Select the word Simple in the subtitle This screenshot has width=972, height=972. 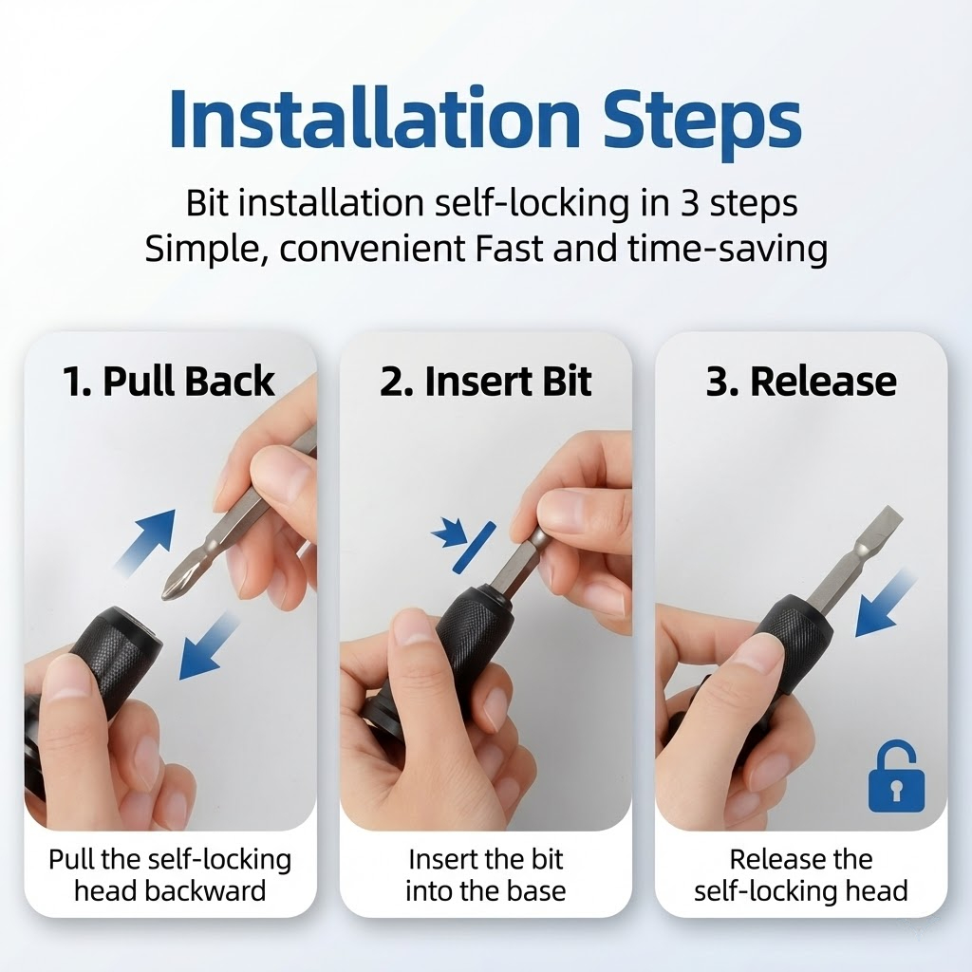[206, 250]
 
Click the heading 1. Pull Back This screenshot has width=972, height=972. [169, 381]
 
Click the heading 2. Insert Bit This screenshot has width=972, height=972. [485, 381]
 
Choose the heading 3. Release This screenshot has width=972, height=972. [801, 381]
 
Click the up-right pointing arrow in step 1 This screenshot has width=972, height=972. [145, 539]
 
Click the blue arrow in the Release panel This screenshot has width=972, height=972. [886, 603]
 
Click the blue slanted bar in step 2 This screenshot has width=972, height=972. [475, 546]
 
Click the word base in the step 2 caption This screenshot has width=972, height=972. [536, 890]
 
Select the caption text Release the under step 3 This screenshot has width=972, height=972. [801, 859]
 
